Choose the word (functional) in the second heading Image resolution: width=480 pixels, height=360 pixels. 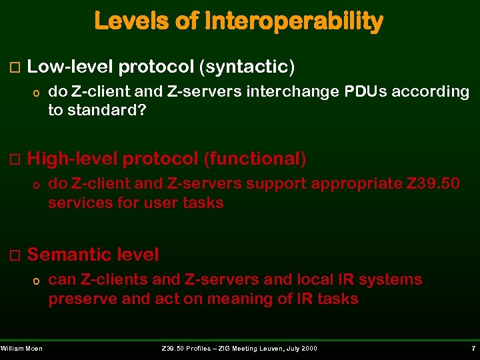coord(255,159)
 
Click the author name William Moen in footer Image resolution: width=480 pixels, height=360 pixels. coord(21,349)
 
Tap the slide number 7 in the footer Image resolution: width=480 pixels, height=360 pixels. coord(472,349)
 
